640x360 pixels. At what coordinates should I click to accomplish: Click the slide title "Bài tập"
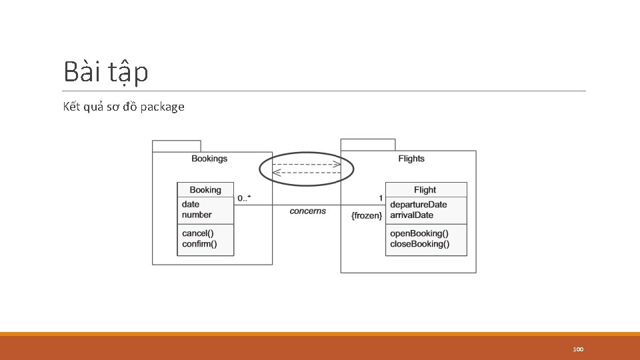106,72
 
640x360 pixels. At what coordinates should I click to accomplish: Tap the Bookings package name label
209,159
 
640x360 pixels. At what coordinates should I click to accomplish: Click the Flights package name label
411,159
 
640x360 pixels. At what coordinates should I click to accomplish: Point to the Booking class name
205,190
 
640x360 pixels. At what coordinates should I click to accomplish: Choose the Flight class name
425,190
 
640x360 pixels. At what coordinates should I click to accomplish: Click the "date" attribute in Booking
191,204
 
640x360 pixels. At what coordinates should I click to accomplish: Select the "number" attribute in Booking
197,215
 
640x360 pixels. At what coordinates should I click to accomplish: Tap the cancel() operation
198,233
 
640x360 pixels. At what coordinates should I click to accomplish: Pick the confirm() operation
199,244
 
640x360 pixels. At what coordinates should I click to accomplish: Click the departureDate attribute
419,205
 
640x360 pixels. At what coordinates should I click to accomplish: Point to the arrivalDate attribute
411,215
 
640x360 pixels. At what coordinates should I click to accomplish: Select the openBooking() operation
419,233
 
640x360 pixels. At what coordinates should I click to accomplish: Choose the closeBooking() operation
419,244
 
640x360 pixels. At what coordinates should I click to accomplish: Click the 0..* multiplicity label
245,198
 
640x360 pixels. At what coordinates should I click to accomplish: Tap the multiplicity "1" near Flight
381,198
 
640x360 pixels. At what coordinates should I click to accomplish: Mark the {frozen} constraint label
367,216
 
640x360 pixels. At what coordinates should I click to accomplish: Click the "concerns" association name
308,211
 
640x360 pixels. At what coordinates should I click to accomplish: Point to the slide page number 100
578,349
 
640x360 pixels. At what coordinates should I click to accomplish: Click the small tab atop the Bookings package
176,146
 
